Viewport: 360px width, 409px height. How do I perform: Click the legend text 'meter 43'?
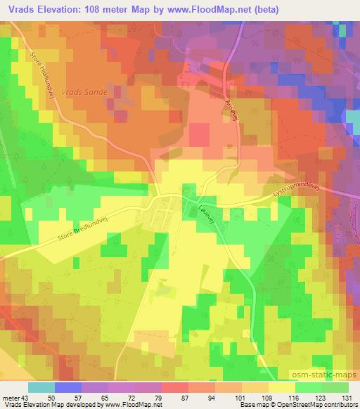pos(15,397)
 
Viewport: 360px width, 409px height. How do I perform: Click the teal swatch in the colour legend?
pos(41,387)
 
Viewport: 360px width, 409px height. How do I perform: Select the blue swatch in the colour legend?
pos(68,387)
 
